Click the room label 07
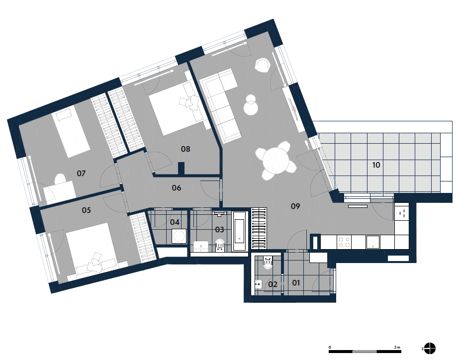[x=81, y=173]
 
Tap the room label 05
[x=86, y=210]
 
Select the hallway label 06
[x=176, y=188]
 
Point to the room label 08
[x=185, y=149]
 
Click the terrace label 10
[x=376, y=165]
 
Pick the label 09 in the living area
[x=295, y=206]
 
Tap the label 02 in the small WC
[x=273, y=284]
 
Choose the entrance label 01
[x=296, y=283]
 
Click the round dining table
[x=275, y=161]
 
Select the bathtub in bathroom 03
[x=240, y=231]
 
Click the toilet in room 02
[x=268, y=262]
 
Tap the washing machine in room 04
[x=179, y=236]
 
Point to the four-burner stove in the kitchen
[x=344, y=242]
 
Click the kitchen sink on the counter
[x=373, y=242]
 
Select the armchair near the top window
[x=262, y=65]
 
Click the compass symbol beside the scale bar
[x=430, y=348]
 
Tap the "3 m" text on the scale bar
[x=397, y=347]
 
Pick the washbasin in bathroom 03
[x=201, y=246]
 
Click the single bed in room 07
[x=71, y=132]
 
